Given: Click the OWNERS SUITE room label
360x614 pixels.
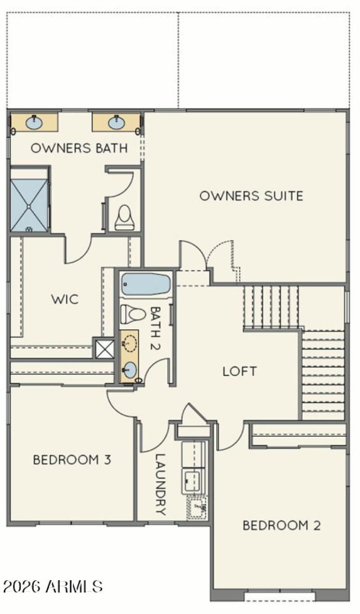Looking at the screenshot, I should (251, 196).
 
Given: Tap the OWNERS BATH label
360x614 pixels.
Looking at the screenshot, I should (79, 148).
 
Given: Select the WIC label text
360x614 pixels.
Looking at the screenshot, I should (65, 299).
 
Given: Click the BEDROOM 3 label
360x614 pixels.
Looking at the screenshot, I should (72, 460).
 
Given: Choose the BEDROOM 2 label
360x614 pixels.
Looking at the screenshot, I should (282, 525).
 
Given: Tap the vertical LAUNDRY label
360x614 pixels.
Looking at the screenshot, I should (161, 484).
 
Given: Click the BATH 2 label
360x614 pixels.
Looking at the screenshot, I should (156, 329).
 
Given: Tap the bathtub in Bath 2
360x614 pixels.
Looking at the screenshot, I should (145, 284).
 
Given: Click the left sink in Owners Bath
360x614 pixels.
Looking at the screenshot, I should (34, 122).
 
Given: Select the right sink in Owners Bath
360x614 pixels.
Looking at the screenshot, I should (116, 122).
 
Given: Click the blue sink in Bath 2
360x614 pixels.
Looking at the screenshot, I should (129, 370).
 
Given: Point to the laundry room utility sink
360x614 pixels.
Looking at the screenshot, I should (197, 508).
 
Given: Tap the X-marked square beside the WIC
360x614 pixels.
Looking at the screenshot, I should (104, 348).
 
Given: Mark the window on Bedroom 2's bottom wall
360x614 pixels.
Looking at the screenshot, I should (279, 597).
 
